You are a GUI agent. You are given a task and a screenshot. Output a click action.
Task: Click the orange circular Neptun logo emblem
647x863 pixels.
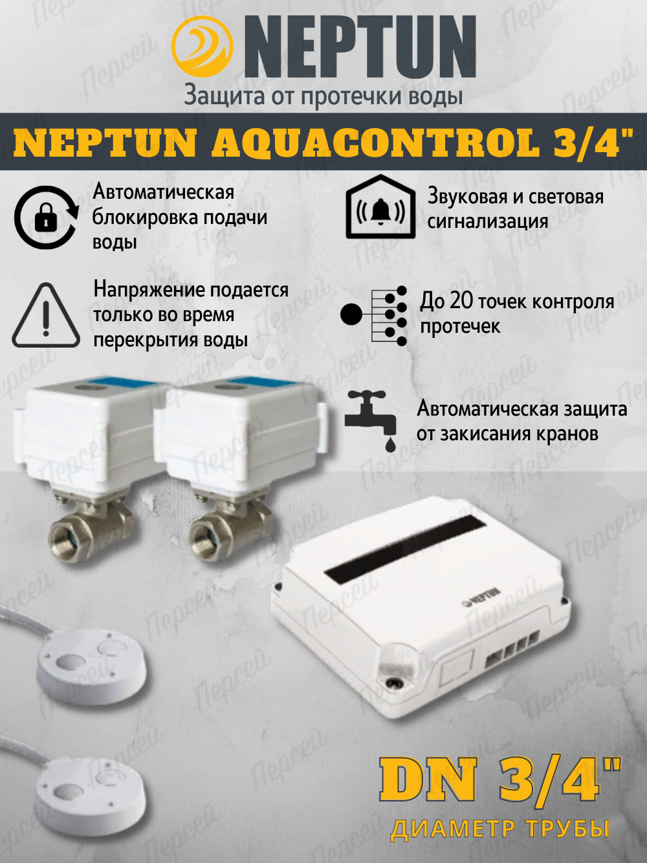click(x=202, y=47)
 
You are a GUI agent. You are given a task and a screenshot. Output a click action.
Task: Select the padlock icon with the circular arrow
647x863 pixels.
click(x=47, y=217)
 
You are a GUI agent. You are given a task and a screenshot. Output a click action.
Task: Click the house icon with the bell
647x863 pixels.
click(x=380, y=207)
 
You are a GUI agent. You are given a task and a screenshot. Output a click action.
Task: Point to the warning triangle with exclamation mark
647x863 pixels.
click(x=46, y=315)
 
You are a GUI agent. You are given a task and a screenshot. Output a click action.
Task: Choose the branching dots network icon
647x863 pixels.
click(x=373, y=316)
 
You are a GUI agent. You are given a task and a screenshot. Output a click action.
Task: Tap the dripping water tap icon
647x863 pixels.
click(x=371, y=421)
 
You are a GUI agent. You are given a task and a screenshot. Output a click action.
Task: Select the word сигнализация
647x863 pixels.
click(x=487, y=222)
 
